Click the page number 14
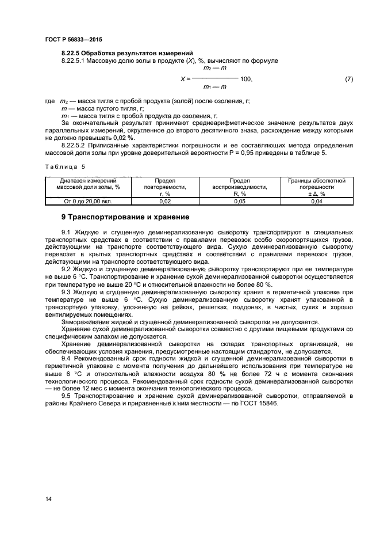(x=48, y=498)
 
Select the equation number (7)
(x=348, y=78)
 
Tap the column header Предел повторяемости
(x=165, y=187)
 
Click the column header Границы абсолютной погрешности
(x=316, y=187)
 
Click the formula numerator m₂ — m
(x=216, y=68)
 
